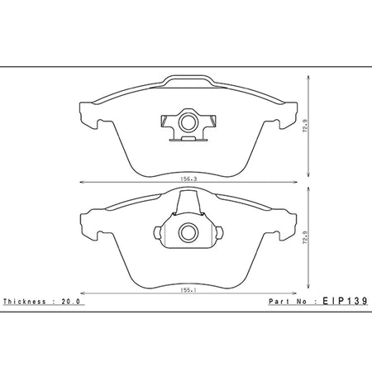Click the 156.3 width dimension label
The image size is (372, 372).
(188, 179)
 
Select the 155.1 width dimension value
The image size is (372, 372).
(188, 290)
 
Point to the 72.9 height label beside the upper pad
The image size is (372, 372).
(305, 126)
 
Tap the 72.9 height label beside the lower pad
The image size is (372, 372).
(305, 237)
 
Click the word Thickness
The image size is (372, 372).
(25, 302)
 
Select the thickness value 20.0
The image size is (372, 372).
(70, 302)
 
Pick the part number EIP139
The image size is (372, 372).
(345, 301)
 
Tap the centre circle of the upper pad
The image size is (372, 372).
(188, 122)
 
